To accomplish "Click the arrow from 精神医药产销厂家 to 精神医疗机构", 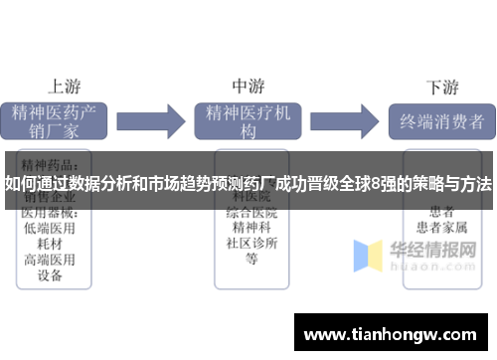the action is pos(160,121).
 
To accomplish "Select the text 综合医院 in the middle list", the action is pos(251,213).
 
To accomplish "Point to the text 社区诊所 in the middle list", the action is pos(251,245).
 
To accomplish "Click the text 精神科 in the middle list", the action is pos(251,229).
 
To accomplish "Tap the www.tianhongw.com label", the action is pos(390,330).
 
